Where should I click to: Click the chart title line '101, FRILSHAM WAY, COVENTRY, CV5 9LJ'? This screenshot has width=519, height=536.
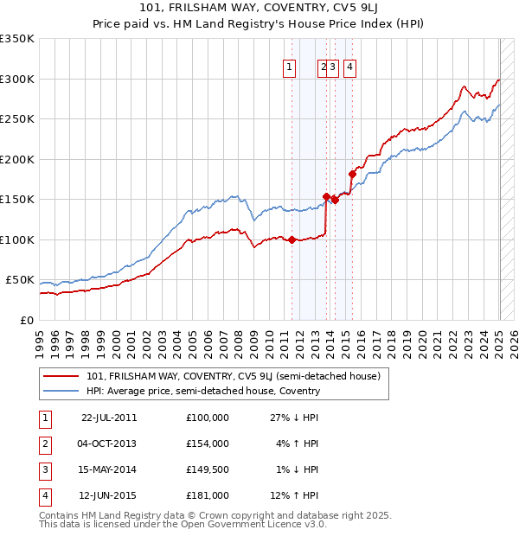click(x=259, y=10)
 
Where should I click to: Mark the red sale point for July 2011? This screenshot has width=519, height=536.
click(x=292, y=239)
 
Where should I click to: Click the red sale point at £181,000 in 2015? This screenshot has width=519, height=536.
click(x=352, y=175)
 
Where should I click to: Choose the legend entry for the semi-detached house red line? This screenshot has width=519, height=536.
click(x=234, y=376)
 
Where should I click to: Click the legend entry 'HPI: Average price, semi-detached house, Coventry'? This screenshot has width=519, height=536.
click(x=203, y=391)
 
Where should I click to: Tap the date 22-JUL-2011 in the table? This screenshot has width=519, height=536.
click(x=109, y=418)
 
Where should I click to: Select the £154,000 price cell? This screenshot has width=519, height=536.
click(x=208, y=443)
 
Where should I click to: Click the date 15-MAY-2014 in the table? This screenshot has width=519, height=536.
click(x=109, y=470)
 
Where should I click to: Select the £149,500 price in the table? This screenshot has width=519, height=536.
click(x=208, y=470)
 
